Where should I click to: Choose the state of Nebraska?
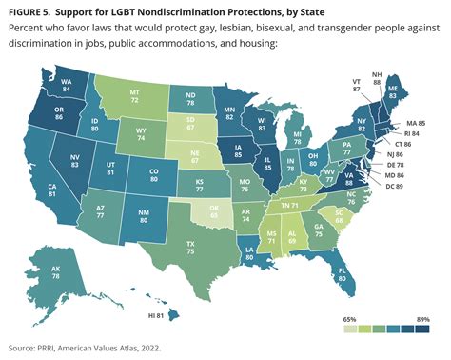tap(197, 153)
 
